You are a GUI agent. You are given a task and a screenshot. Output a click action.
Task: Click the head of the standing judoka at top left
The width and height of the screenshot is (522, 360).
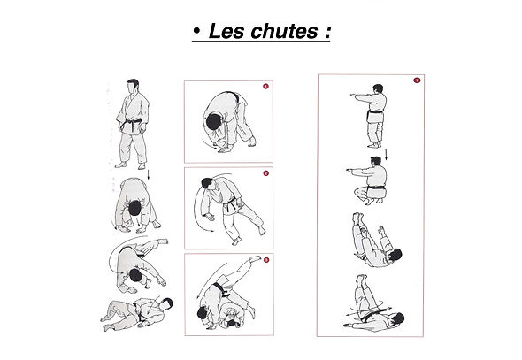133,87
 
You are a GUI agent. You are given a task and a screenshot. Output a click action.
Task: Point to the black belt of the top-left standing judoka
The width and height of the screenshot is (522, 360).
134,126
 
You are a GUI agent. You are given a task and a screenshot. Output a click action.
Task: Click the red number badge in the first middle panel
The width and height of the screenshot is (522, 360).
264,87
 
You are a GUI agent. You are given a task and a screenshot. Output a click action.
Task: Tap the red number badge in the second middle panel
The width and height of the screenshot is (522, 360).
265,173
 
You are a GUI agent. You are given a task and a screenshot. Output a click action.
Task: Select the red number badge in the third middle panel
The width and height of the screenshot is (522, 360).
265,259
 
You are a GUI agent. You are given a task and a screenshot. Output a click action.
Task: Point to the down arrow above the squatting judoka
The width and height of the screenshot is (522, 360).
386,156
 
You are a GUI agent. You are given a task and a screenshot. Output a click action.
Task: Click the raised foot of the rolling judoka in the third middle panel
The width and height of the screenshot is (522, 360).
258,261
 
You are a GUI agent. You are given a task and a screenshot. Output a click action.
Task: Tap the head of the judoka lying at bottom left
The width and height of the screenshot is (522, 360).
166,303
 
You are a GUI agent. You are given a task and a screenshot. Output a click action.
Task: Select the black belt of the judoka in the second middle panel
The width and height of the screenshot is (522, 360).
232,207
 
